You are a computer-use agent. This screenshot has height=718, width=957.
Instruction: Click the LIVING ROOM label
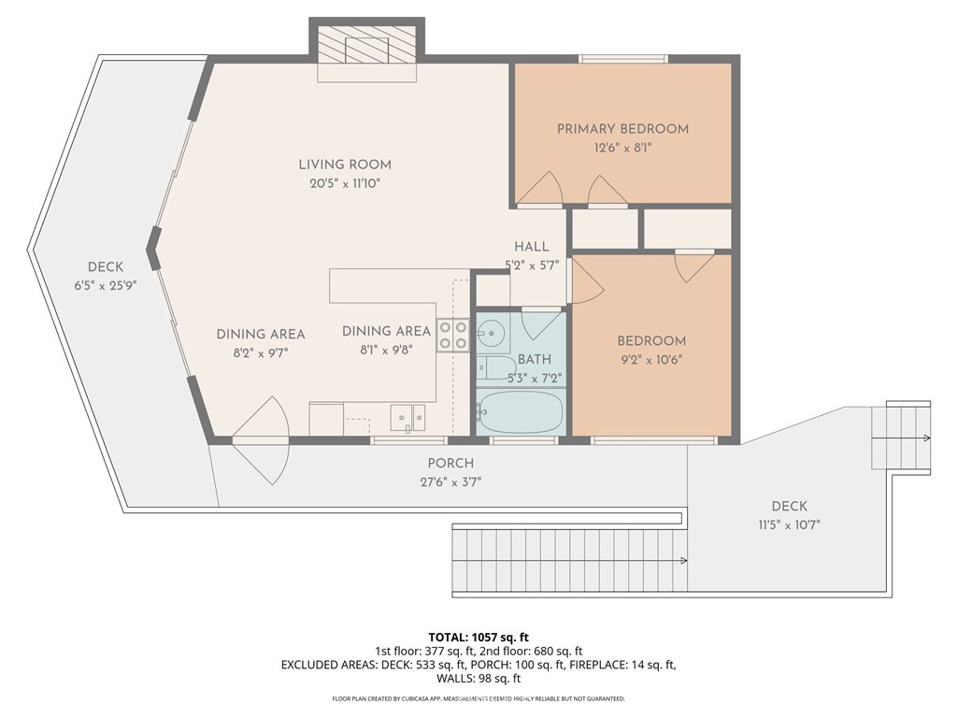point(345,165)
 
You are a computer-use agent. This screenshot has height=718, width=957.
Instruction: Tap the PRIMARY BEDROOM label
point(622,129)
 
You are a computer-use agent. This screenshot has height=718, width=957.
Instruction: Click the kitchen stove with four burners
point(453,336)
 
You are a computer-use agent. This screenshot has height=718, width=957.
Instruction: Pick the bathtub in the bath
point(521,412)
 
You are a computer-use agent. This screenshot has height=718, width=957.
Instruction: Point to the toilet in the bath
point(495,367)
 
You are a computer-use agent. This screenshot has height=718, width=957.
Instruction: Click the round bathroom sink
point(492,333)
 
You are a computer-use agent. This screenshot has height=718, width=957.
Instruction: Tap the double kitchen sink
point(408,418)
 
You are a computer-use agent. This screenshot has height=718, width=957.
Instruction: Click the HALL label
point(532,247)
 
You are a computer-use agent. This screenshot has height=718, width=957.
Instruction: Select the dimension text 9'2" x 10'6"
point(651,360)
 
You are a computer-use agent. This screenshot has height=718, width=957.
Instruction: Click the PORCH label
point(450,464)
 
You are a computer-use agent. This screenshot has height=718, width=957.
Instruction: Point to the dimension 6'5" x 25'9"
point(105,285)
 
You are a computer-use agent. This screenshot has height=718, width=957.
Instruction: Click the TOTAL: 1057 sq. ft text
point(478,638)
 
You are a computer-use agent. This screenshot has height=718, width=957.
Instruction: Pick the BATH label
point(534,360)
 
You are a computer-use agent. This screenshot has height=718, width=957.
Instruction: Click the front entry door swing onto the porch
point(260,439)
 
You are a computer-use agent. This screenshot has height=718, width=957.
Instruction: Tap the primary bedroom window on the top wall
point(622,59)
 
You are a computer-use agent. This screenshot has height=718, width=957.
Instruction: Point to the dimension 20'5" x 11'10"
point(345,183)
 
